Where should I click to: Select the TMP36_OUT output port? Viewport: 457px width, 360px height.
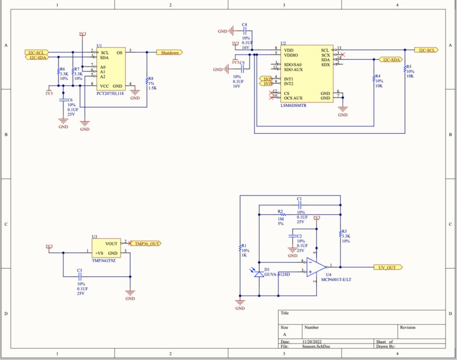point(146,243)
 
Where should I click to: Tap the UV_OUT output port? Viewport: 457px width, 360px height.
point(387,268)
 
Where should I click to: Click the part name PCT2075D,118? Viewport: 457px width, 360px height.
point(110,92)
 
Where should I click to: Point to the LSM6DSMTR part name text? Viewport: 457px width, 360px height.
point(294,106)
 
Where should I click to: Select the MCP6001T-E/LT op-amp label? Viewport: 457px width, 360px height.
point(338,280)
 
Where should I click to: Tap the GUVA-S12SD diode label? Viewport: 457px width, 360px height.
point(277,275)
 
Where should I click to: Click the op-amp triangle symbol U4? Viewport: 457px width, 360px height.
point(316,267)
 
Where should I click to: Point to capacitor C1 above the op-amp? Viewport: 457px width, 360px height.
point(299,205)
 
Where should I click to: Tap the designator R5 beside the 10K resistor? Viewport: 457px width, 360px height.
point(409,66)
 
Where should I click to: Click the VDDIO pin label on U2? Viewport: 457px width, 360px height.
point(290,55)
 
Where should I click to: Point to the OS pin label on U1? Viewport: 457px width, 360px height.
point(119,53)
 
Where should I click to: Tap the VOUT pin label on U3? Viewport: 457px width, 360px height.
point(111,244)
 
